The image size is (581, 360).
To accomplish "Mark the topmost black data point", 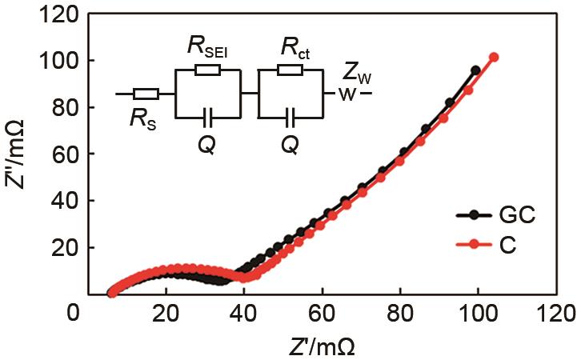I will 476,70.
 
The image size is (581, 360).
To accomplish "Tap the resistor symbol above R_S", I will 147,94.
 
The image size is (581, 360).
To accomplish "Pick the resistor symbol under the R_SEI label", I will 207,70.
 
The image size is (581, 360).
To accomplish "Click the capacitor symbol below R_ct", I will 290,118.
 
